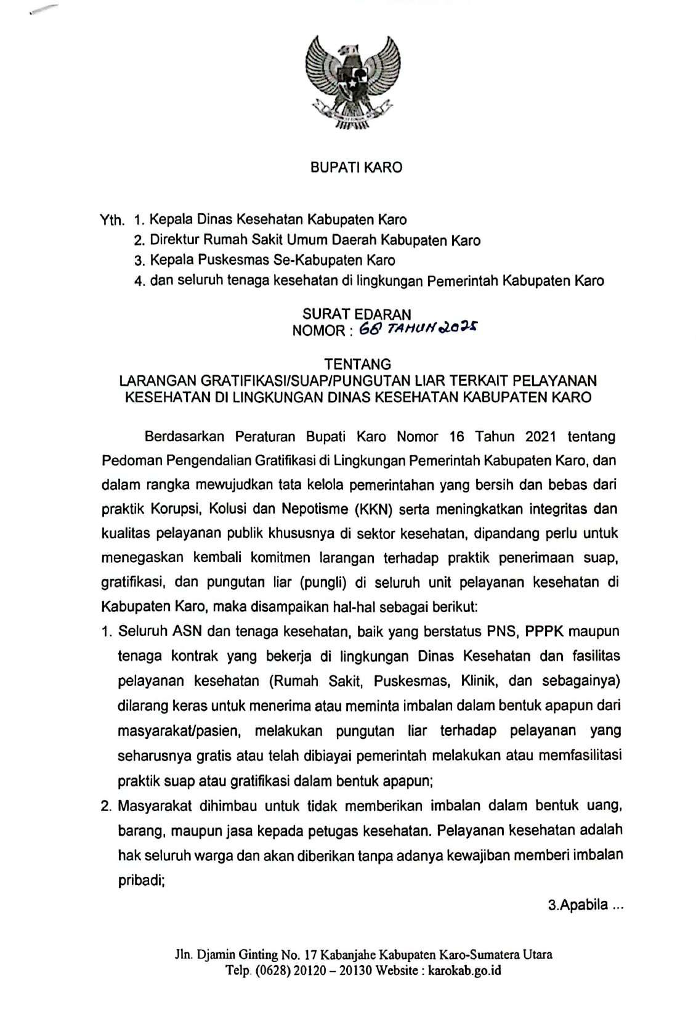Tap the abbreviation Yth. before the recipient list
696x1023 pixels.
pyautogui.click(x=113, y=219)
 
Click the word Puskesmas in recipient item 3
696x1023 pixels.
pyautogui.click(x=238, y=261)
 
